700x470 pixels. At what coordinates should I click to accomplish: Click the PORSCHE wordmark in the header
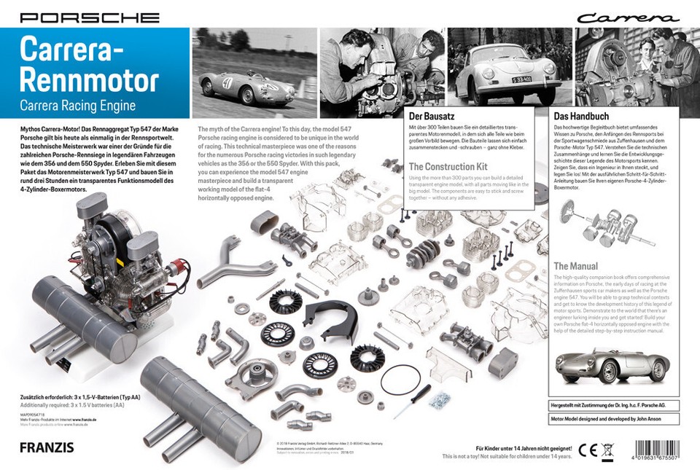click(x=90, y=17)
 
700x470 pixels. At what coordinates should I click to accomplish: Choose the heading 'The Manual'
click(x=576, y=266)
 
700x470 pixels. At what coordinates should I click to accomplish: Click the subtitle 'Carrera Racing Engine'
click(x=77, y=105)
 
